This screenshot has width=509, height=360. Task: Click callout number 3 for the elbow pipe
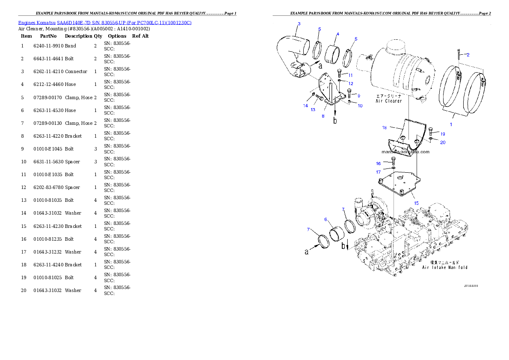pos(299,24)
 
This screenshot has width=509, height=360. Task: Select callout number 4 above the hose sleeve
pos(337,34)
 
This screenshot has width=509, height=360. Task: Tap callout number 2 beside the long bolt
pos(468,54)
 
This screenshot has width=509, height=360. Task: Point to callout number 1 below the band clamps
pos(450,124)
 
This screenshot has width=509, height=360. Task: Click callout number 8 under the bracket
pos(323,115)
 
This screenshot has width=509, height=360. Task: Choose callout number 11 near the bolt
pos(350,75)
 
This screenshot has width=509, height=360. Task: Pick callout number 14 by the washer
pos(305,105)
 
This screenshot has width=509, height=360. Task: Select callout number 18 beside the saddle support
pos(385,127)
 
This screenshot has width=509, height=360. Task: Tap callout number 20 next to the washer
pos(443,142)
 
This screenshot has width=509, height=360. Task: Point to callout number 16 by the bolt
pos(378,163)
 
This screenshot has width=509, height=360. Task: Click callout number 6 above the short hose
pos(326,219)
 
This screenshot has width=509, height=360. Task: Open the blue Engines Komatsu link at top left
pos(104,22)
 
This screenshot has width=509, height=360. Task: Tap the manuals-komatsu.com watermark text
pos(405,151)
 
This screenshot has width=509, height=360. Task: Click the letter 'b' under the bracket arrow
pos(335,121)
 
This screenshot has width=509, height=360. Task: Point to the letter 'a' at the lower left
pos(306,252)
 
